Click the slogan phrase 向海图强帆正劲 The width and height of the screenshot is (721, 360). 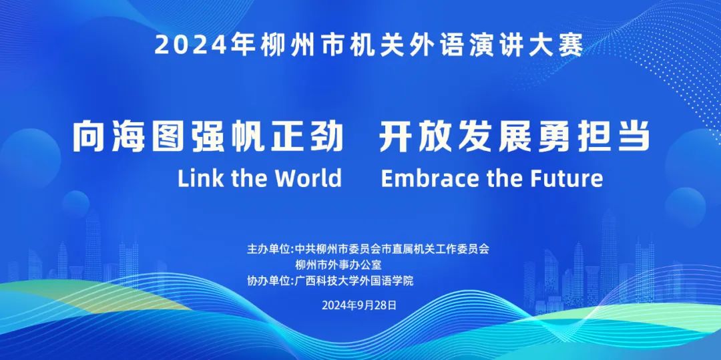tap(208, 136)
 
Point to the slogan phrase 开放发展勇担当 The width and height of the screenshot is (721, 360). tap(515, 136)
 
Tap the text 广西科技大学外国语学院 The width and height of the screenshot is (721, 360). tap(354, 281)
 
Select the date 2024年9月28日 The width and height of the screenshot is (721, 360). tap(359, 305)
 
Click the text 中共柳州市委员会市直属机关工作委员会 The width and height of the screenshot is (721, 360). tap(393, 249)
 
